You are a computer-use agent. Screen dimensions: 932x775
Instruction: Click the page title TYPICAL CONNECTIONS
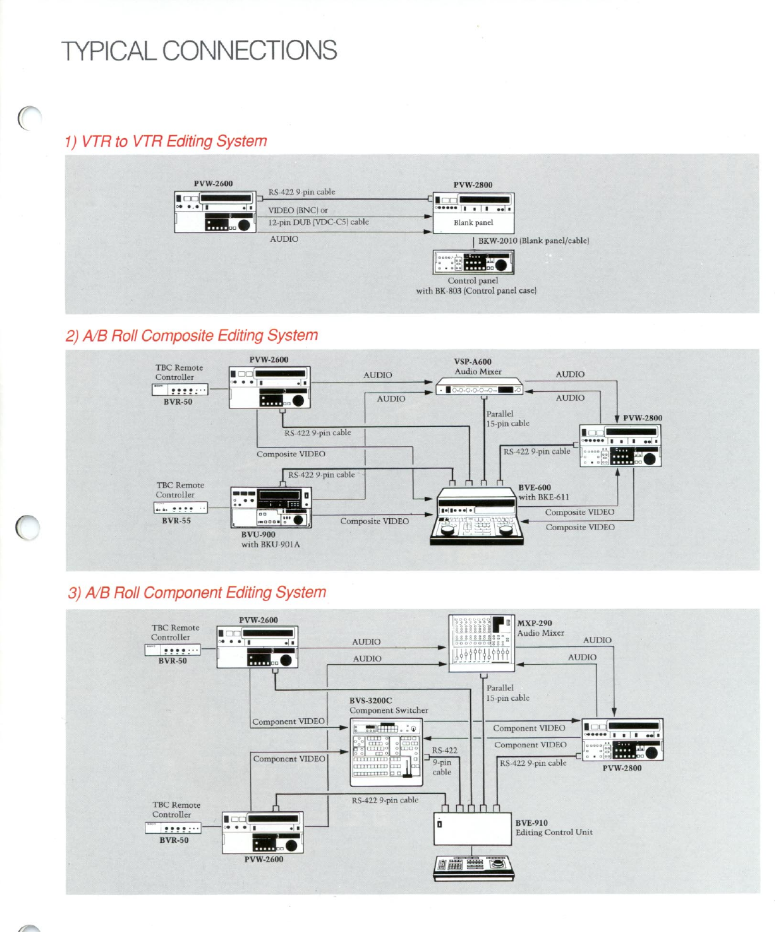point(199,51)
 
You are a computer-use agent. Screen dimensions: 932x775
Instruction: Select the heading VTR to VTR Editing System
point(166,141)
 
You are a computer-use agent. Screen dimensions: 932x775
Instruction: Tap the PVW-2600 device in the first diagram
point(215,211)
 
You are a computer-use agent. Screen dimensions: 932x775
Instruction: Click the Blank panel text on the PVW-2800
point(474,223)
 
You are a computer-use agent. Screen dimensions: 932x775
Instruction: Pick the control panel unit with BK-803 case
point(474,262)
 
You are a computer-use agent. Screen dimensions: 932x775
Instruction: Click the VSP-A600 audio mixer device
point(479,389)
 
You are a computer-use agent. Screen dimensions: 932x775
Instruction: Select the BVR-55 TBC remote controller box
point(181,508)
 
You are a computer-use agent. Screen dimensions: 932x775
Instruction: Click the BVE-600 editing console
point(476,516)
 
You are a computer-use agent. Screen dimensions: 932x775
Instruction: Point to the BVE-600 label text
point(535,488)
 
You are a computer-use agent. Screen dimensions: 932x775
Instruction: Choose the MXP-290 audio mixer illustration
point(481,642)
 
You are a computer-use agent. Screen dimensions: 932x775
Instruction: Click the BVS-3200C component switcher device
point(385,752)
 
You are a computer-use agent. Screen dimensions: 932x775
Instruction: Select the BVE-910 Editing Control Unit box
point(473,828)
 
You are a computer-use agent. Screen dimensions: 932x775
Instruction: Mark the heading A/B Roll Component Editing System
point(197,593)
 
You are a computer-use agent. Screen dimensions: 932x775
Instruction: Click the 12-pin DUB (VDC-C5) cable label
point(318,222)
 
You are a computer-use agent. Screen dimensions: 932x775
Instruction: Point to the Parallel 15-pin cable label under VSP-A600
point(507,419)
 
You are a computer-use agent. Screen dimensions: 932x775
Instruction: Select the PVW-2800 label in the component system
point(622,768)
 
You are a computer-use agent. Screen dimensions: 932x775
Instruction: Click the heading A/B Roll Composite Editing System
point(192,335)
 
